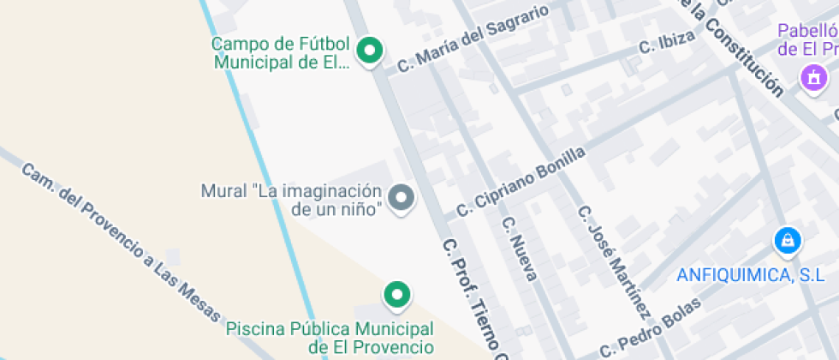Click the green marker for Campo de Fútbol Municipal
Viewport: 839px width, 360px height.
369,50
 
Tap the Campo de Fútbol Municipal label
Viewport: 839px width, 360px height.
281,52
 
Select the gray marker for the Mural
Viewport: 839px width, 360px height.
401,198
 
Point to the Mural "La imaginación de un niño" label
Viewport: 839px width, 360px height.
290,199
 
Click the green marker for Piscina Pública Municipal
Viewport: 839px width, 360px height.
396,295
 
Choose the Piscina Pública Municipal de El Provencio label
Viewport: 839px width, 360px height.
330,338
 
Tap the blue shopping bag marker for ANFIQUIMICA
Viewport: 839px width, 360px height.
787,241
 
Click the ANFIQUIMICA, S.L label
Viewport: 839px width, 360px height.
750,275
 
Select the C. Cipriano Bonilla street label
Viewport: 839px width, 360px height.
521,181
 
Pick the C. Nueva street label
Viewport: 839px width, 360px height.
520,249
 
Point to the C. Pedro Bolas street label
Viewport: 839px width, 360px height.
651,327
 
